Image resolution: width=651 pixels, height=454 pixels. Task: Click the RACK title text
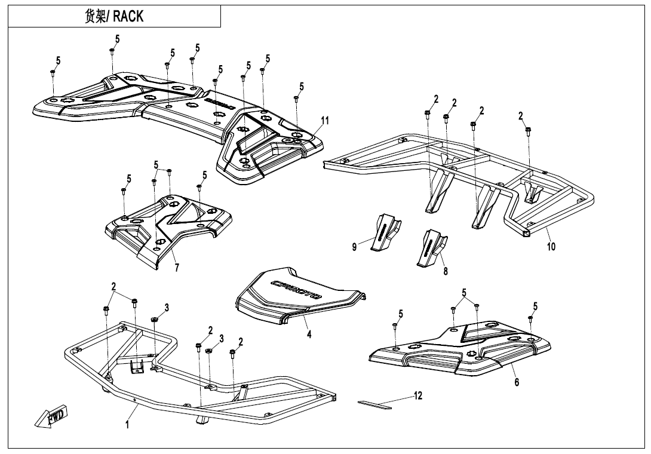[x=113, y=16]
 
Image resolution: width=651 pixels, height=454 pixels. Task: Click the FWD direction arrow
[x=52, y=416]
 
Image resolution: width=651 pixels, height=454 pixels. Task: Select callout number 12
[x=418, y=395]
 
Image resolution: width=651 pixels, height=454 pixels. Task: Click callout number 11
[x=324, y=120]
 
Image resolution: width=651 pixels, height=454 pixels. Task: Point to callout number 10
[x=551, y=246]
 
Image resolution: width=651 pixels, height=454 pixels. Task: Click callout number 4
[x=309, y=335]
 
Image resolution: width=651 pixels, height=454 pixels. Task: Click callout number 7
[x=176, y=268]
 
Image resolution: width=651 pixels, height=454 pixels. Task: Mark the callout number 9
[x=354, y=247]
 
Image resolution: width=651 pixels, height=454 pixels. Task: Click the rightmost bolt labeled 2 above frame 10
[x=529, y=129]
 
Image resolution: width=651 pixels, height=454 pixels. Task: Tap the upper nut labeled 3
[x=153, y=320]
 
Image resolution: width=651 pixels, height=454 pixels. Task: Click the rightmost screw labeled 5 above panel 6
[x=530, y=319]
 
